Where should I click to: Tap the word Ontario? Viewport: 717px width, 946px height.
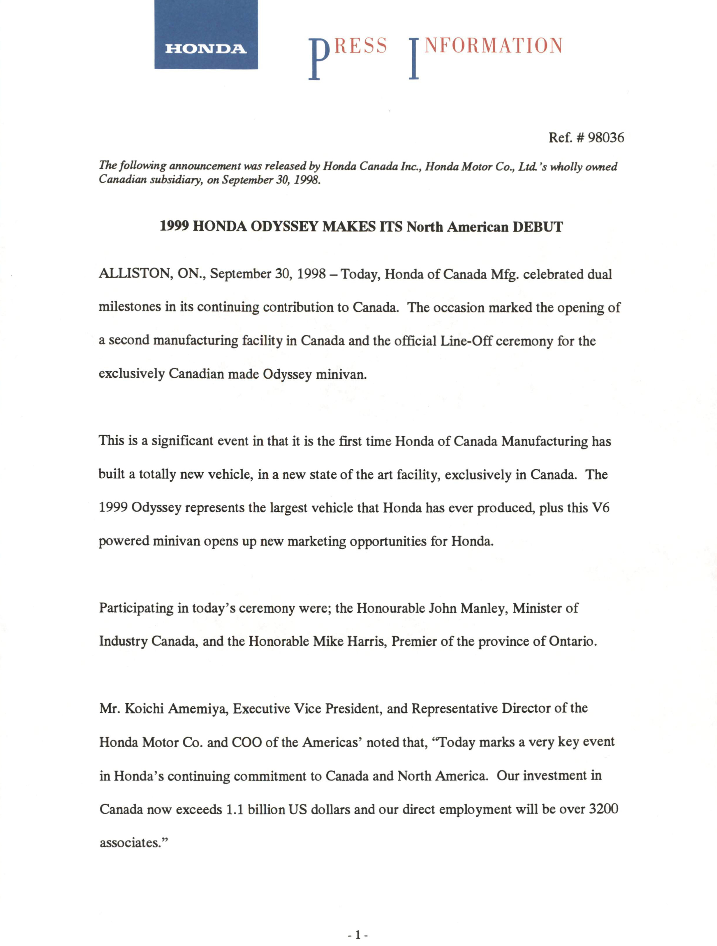(x=571, y=642)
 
